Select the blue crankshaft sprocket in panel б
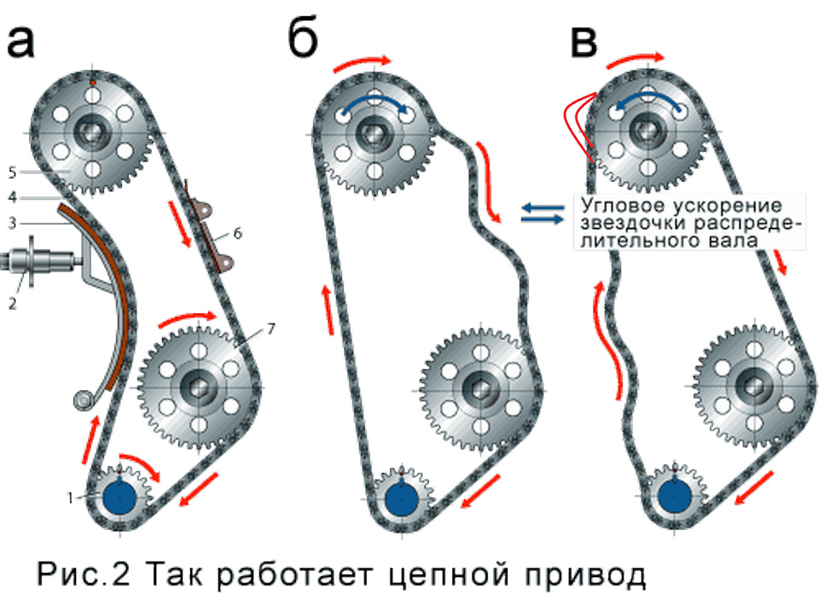coord(398,497)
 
